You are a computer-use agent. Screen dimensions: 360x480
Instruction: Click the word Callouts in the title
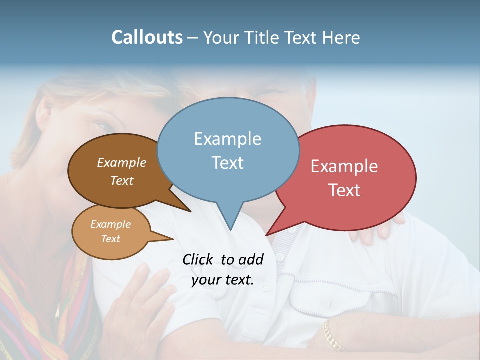(x=147, y=37)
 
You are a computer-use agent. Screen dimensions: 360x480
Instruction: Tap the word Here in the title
(x=339, y=37)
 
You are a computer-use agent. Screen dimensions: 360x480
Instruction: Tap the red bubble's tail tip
(x=266, y=235)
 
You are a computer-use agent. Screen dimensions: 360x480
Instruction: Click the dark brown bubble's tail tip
(x=190, y=211)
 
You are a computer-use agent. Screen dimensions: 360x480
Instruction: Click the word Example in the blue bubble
(x=227, y=139)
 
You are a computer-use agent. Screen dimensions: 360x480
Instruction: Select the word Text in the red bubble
(x=344, y=190)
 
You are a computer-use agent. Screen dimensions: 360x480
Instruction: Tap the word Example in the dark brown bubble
(x=121, y=162)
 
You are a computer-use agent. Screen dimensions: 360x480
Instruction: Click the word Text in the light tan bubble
(x=111, y=239)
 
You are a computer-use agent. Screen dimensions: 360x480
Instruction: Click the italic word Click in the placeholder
(x=198, y=259)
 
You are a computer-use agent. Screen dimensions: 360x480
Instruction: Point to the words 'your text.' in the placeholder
(x=223, y=280)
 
